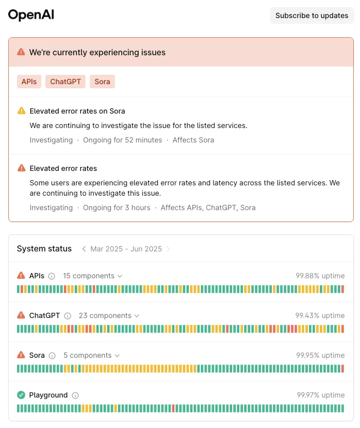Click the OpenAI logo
31,15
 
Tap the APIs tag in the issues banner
29,82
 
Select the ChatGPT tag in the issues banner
66,82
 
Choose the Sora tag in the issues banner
102,82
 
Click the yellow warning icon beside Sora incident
22,111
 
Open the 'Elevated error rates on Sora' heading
77,111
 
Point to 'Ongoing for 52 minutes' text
122,140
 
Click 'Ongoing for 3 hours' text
117,208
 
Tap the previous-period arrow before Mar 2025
84,249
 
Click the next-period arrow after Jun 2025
168,249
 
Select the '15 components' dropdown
92,276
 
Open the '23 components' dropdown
109,316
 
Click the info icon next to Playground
75,395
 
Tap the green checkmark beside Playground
21,395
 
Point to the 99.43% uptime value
320,315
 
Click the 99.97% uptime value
321,395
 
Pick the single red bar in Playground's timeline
173,408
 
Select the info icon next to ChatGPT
68,316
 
